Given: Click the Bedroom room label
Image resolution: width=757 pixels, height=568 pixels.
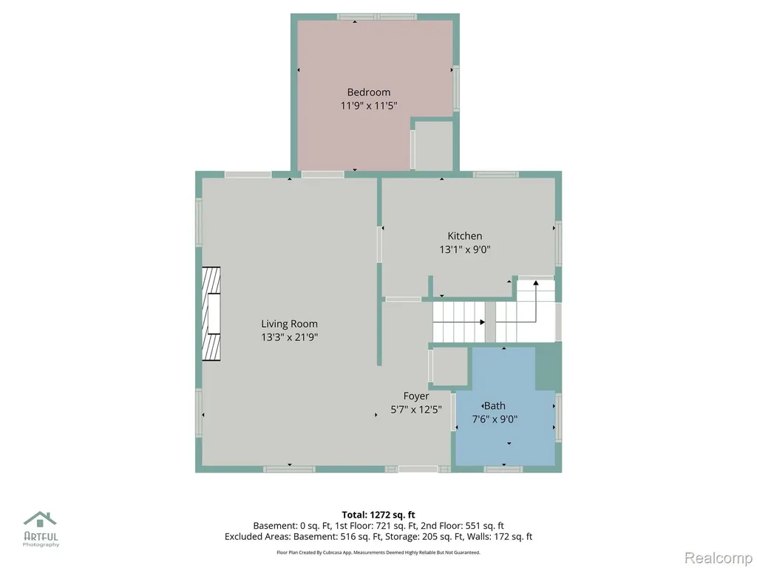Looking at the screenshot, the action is (x=369, y=92).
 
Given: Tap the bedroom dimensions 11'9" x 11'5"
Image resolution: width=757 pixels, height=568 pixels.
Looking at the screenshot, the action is (x=369, y=105).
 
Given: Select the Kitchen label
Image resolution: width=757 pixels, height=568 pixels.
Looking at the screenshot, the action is (x=465, y=236).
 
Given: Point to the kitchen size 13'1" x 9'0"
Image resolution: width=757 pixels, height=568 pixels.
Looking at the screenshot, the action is (x=465, y=249).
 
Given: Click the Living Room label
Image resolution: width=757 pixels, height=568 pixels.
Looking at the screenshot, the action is (x=290, y=324).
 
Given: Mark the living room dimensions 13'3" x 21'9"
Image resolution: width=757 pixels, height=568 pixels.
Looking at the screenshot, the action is (x=290, y=337).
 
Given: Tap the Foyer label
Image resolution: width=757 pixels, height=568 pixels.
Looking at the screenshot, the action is (x=416, y=396).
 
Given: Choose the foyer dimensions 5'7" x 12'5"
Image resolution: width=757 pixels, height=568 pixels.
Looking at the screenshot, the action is (x=416, y=410).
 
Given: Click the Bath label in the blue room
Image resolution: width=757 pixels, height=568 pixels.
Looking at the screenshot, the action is (x=495, y=406).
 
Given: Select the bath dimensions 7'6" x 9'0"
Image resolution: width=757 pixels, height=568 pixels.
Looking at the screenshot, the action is (x=495, y=419).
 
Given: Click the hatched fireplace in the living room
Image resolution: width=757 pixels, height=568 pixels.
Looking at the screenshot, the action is (x=211, y=314).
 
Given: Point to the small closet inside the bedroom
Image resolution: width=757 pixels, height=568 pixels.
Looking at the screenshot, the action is (x=433, y=146).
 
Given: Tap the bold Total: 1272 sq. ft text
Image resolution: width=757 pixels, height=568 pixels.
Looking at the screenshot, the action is (x=378, y=515).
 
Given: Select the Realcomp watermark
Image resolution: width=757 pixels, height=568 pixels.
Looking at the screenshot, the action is (x=718, y=558).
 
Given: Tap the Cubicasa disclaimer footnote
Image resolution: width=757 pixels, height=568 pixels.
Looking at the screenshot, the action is (x=378, y=552).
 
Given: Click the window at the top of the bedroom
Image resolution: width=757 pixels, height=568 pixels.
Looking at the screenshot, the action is (x=376, y=17).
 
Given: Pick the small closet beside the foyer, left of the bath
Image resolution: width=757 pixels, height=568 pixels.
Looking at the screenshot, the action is (x=450, y=366).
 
